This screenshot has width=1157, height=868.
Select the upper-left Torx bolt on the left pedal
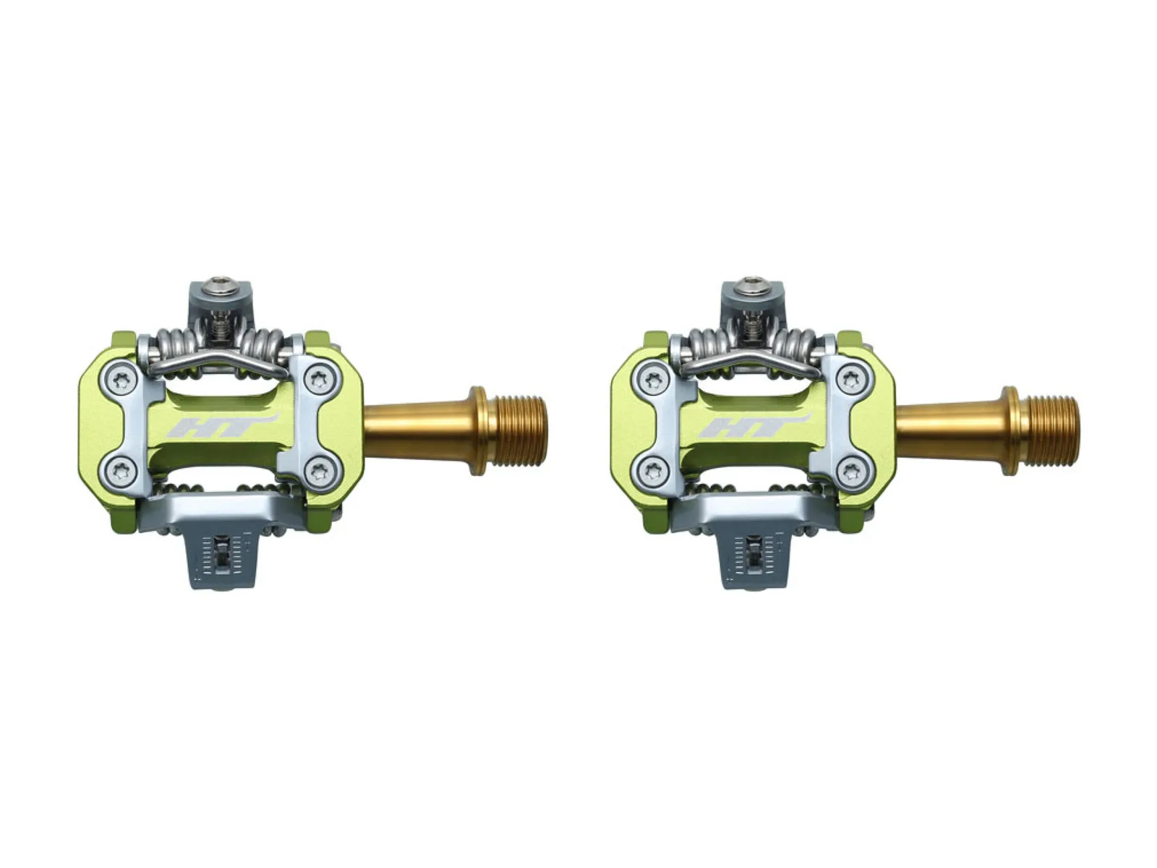tap(120, 379)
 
